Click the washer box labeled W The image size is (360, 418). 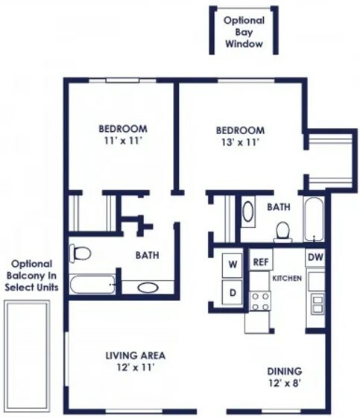click(233, 265)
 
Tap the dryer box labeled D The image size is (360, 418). click(233, 292)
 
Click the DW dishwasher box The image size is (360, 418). click(315, 258)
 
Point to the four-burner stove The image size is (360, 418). click(260, 301)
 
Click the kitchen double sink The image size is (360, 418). click(318, 305)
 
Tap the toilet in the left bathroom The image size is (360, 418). click(80, 253)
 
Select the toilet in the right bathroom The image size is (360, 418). click(282, 232)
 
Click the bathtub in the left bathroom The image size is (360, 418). click(92, 285)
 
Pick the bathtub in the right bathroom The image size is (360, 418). click(314, 219)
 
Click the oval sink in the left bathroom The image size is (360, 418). click(148, 288)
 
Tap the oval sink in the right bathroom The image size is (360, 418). click(247, 212)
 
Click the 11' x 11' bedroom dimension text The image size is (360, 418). click(122, 141)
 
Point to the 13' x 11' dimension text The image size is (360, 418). click(241, 142)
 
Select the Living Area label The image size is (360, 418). click(136, 355)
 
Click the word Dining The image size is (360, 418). click(285, 371)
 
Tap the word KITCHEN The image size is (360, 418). click(287, 279)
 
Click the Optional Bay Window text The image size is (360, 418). click(244, 32)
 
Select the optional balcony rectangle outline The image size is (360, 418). click(27, 357)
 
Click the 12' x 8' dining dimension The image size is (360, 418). click(285, 383)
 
